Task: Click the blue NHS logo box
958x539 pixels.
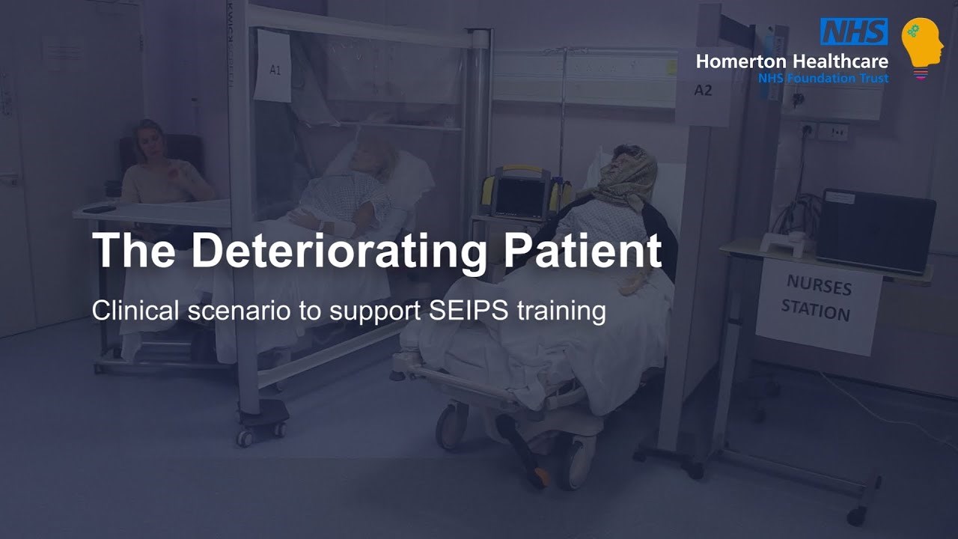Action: point(853,31)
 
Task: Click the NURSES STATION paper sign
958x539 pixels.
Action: point(818,305)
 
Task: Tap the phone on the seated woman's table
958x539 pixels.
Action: point(99,210)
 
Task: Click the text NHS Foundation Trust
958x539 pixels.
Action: point(823,78)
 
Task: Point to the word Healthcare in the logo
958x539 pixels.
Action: point(839,61)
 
